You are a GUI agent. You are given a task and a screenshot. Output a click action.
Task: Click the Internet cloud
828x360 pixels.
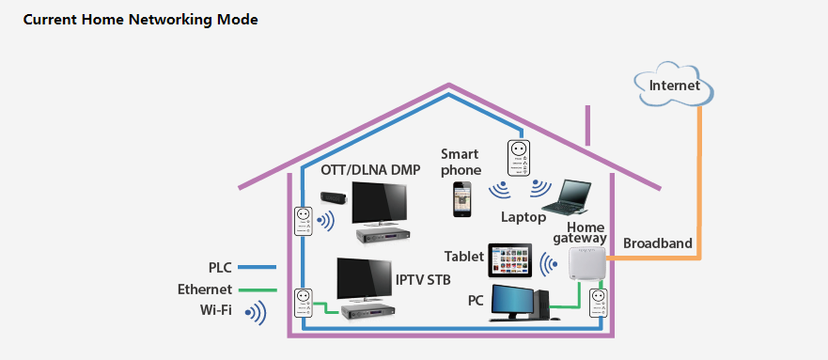pyautogui.click(x=674, y=84)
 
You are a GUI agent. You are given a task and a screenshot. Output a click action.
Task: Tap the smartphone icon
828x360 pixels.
pyautogui.click(x=461, y=199)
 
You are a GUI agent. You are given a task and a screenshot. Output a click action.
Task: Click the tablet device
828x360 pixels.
pyautogui.click(x=510, y=260)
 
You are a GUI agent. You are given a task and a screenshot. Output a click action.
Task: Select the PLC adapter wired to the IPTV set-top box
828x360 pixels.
pyautogui.click(x=302, y=303)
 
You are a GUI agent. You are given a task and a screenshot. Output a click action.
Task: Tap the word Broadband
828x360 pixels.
pyautogui.click(x=658, y=243)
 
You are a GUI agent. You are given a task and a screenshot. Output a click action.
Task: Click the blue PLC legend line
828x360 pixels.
pyautogui.click(x=258, y=267)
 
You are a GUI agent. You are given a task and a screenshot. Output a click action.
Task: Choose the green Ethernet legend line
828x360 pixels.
pyautogui.click(x=258, y=290)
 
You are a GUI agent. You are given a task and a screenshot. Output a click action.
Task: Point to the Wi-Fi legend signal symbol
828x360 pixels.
pyautogui.click(x=257, y=312)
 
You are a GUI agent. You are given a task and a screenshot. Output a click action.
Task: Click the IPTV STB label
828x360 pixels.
pyautogui.click(x=423, y=279)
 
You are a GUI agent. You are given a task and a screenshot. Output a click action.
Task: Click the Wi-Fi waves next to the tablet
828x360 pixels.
pyautogui.click(x=549, y=263)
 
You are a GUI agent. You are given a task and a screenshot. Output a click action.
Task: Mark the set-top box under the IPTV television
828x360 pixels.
pyautogui.click(x=366, y=312)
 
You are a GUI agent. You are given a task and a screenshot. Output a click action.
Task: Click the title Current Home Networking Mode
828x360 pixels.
pyautogui.click(x=140, y=20)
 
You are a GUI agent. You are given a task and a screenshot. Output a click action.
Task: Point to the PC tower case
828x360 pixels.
pyautogui.click(x=541, y=304)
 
